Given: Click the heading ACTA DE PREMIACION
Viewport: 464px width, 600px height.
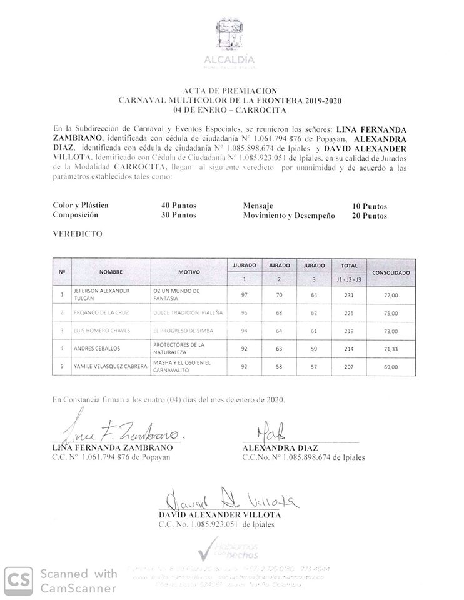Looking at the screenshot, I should [231, 91].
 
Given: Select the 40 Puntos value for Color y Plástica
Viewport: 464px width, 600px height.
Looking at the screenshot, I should [179, 206].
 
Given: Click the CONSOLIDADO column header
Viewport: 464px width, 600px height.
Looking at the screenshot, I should [391, 273].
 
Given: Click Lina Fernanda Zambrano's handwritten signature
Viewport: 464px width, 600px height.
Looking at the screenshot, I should [119, 432].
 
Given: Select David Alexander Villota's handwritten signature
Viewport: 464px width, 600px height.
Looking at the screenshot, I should [229, 499].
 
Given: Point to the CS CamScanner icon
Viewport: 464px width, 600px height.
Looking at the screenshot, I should [20, 580].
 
